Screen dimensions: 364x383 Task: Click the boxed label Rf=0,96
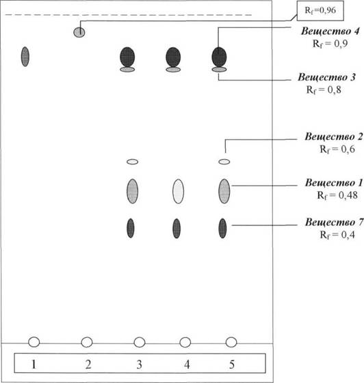pos(320,11)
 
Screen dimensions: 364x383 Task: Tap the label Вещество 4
pos(330,31)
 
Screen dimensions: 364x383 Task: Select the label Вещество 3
pos(326,77)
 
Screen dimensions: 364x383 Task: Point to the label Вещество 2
pos(334,137)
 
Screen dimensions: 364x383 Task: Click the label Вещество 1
pos(334,183)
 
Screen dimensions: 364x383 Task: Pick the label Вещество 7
pos(334,223)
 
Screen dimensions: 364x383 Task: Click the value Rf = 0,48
pos(337,195)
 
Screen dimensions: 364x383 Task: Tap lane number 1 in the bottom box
pos(34,364)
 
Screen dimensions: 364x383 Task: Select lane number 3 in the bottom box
pos(139,364)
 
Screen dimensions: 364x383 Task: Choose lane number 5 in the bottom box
pos(231,364)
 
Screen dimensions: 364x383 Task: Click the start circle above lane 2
pos(87,342)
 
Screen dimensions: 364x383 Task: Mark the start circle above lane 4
pos(185,342)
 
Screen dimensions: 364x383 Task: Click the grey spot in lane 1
pos(25,57)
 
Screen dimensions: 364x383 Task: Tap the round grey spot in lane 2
pos(79,32)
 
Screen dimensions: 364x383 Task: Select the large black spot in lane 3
pos(127,57)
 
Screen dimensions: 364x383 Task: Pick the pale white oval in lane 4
pos(178,191)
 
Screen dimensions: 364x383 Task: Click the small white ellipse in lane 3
pos(133,162)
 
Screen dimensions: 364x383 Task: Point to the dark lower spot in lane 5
pos(222,229)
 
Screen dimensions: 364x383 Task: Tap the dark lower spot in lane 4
pos(177,229)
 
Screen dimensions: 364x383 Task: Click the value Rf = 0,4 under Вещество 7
pos(337,235)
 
